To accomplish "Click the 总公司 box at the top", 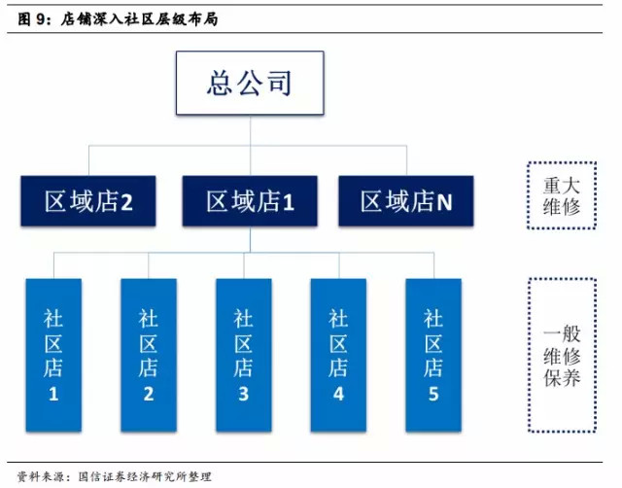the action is point(250,83).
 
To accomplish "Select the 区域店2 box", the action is point(88,201).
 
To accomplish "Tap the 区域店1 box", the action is point(250,201).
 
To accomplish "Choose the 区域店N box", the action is point(406,201).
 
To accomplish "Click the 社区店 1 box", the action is point(53,355).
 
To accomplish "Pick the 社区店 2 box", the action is point(149,355).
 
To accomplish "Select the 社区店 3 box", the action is point(244,355).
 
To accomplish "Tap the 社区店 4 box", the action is point(338,355).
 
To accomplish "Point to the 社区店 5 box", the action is point(433,355).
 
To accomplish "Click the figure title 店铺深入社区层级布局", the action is point(139,19).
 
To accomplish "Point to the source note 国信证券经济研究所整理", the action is point(145,476).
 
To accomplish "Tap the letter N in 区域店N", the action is point(444,202).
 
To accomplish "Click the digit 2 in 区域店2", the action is point(126,202).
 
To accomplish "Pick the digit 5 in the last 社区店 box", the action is point(433,394).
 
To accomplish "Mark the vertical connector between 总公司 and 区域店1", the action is point(250,145).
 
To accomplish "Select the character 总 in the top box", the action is point(220,83).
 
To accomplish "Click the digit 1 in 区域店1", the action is point(289,202).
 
